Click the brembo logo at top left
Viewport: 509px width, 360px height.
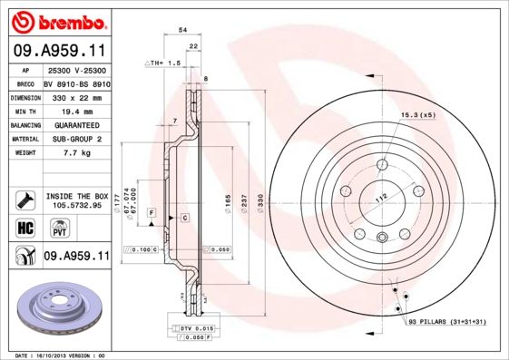pos(57,20)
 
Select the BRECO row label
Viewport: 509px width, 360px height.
pos(26,82)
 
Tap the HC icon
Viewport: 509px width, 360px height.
pos(24,228)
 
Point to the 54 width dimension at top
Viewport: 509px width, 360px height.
pos(183,30)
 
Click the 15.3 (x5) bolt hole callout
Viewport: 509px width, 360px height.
pos(418,115)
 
